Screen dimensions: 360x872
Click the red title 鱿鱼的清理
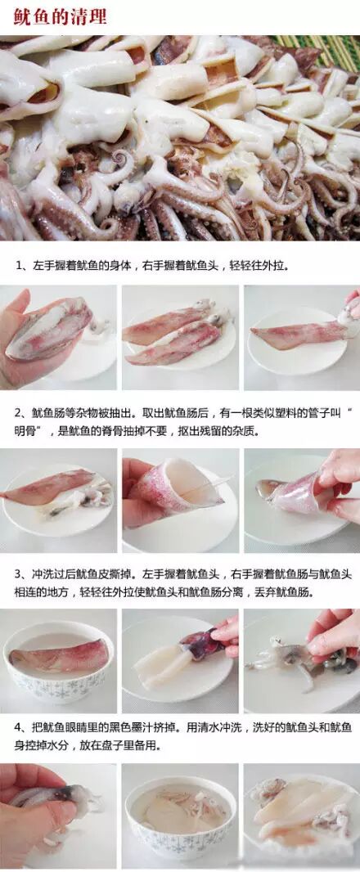pos(61,16)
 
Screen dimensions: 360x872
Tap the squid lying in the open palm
pos(50,328)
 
